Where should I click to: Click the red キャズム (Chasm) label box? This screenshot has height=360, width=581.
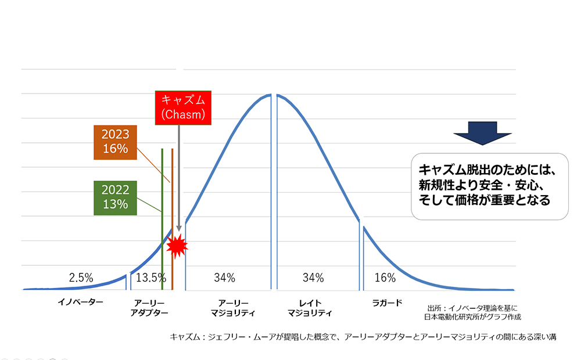coord(182,107)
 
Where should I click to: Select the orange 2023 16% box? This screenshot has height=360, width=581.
coord(114,141)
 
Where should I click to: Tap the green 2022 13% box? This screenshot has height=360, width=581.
coord(114,197)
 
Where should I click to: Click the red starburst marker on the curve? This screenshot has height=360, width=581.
coord(177,246)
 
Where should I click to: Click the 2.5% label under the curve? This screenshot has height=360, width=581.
coord(81,278)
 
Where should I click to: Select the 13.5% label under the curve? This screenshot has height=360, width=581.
coord(150,278)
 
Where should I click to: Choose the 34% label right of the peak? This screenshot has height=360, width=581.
coord(313,278)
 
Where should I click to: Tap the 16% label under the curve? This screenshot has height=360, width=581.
coord(385,278)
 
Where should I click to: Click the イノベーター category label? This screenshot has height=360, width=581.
coord(80,303)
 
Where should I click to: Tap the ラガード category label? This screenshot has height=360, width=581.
coord(387,303)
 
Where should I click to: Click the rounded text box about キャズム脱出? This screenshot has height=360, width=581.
coord(489,186)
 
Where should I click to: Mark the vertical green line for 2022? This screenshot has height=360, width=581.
coord(162,221)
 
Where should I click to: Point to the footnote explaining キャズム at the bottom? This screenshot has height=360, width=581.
coord(363,337)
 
